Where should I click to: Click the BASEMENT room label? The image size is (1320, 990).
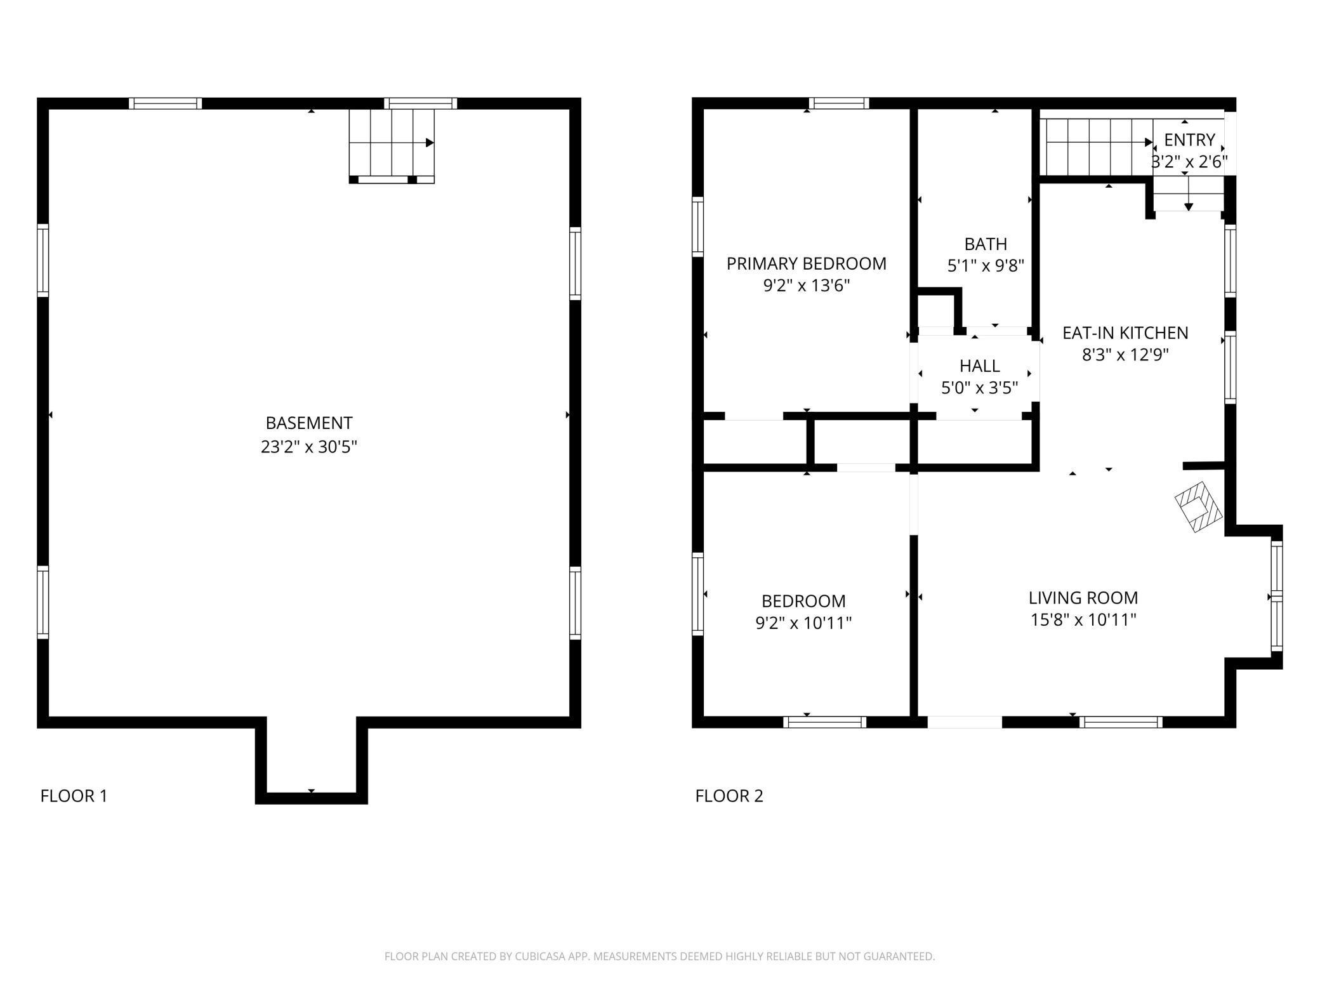(x=309, y=423)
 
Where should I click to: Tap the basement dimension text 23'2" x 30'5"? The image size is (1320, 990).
(x=309, y=447)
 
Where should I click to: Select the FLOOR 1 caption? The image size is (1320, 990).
(x=74, y=796)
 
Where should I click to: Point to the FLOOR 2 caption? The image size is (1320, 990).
(x=729, y=796)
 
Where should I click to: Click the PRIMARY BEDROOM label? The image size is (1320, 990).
(x=807, y=263)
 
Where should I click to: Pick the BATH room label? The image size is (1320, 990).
(x=986, y=244)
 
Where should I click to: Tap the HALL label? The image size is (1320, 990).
(x=980, y=366)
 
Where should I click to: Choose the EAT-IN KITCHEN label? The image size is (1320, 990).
(x=1125, y=333)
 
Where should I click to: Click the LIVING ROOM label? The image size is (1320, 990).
(x=1083, y=598)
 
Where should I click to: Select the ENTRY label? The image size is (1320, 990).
(x=1190, y=140)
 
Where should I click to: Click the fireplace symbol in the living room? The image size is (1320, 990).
(x=1199, y=506)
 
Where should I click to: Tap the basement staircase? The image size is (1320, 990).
(x=392, y=146)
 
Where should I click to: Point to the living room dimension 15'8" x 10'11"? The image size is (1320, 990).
(x=1083, y=619)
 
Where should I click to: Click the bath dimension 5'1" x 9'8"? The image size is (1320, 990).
(x=986, y=265)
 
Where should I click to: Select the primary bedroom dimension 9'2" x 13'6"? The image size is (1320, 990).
(x=807, y=286)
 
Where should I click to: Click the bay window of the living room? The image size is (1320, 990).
(x=1276, y=597)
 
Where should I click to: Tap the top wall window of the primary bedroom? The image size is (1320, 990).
(x=839, y=103)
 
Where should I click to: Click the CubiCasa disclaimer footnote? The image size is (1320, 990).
(x=660, y=956)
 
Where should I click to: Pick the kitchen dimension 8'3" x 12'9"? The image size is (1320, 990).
(x=1125, y=354)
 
